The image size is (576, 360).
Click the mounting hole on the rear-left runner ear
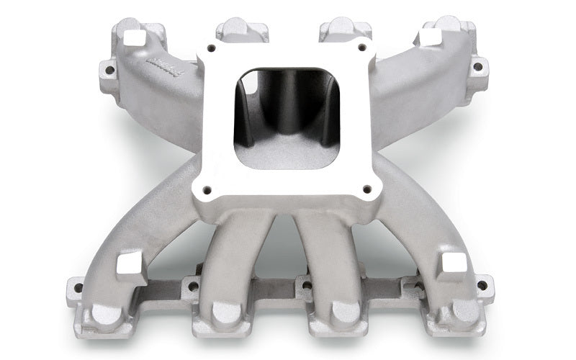click(x=109, y=71)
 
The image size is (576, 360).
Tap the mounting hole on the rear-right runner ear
click(x=476, y=66)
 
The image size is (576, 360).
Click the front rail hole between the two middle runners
click(x=306, y=285)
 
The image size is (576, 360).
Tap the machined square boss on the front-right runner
click(x=454, y=264)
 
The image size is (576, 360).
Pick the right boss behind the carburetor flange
click(x=345, y=29)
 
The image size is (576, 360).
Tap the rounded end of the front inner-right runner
click(x=346, y=311)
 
